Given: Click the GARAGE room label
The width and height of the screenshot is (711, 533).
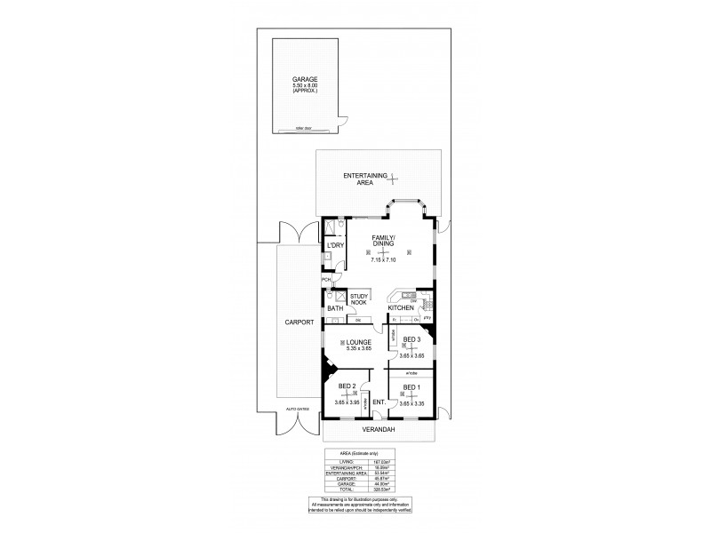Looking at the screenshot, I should pos(305,80).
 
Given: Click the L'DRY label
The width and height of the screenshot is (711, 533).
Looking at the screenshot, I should pos(335,245).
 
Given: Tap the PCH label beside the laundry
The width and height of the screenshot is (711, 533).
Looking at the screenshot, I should pos(326,279).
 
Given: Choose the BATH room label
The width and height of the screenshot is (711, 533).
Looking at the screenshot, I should pos(334,308).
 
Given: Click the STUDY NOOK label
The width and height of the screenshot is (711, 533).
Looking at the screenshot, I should pos(359,299).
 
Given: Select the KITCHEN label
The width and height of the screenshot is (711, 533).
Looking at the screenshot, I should pos(401,307).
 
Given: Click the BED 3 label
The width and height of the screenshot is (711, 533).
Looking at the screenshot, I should pos(411,339).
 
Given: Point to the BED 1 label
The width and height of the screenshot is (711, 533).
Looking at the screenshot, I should pos(411,387).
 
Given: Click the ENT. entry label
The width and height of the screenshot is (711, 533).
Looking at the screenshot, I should pos(378,402).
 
